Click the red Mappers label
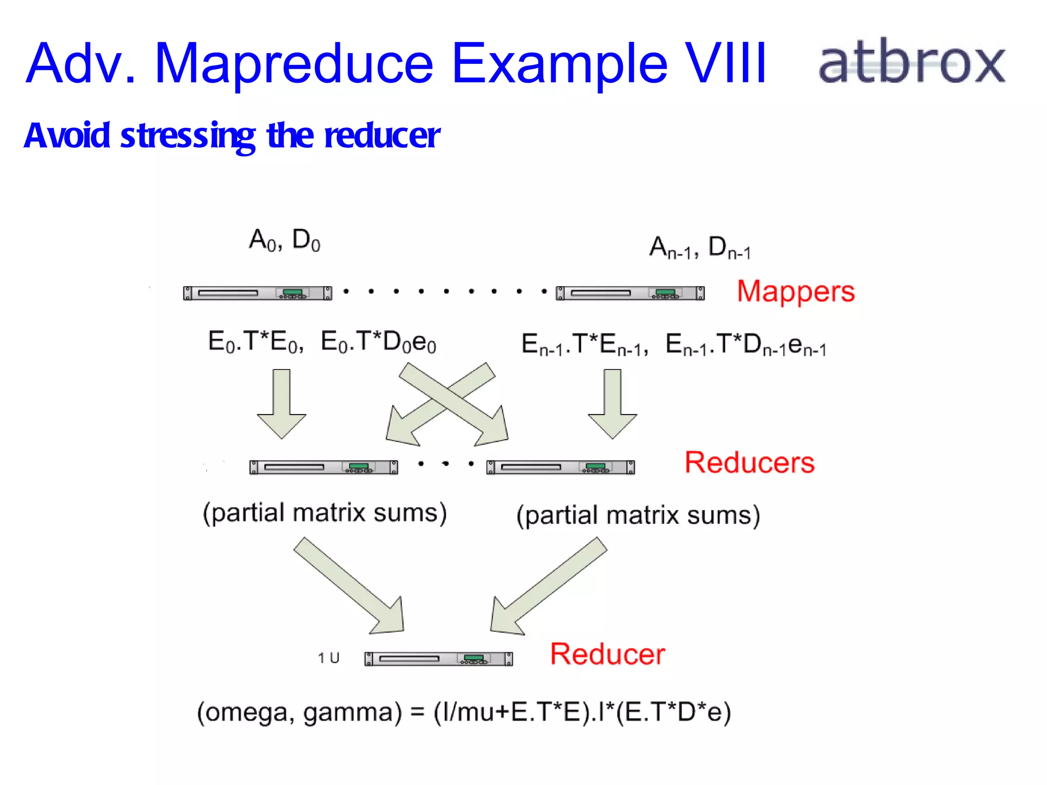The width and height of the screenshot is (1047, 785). pyautogui.click(x=795, y=292)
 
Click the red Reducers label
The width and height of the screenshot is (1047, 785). pyautogui.click(x=749, y=463)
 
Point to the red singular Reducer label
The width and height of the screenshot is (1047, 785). pyautogui.click(x=607, y=654)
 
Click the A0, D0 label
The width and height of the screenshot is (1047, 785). pyautogui.click(x=284, y=240)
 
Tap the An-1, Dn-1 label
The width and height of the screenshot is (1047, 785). pyautogui.click(x=700, y=248)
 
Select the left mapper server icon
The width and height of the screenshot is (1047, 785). pyautogui.click(x=257, y=293)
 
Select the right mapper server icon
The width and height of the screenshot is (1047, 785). pyautogui.click(x=630, y=293)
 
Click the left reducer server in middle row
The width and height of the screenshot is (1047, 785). pyautogui.click(x=323, y=467)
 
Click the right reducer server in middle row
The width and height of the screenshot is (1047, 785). pyautogui.click(x=560, y=467)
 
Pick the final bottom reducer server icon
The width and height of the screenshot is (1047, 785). pyautogui.click(x=438, y=659)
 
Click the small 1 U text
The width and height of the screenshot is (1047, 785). pyautogui.click(x=328, y=658)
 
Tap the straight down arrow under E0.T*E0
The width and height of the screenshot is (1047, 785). pyautogui.click(x=281, y=403)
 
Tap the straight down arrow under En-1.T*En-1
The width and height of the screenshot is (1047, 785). pyautogui.click(x=612, y=403)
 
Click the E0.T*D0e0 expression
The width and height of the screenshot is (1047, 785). pyautogui.click(x=378, y=342)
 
